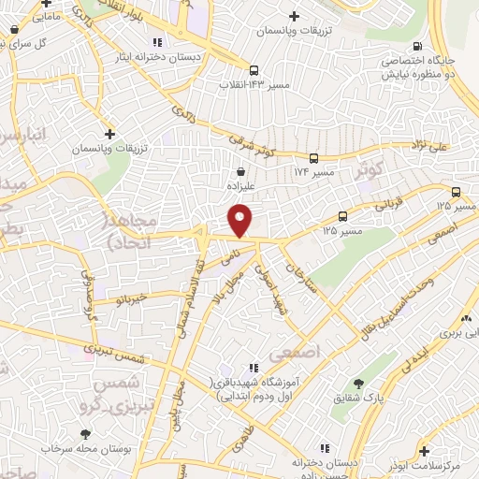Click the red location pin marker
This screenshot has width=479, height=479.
click(x=241, y=221)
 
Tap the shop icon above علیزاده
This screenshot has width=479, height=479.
click(x=242, y=171)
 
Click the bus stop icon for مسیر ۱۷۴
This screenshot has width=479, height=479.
click(x=314, y=158)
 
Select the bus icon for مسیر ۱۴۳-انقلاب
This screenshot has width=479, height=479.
click(x=254, y=69)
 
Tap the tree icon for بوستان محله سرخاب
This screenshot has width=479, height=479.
click(x=86, y=434)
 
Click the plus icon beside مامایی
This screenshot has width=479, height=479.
click(x=12, y=27)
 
